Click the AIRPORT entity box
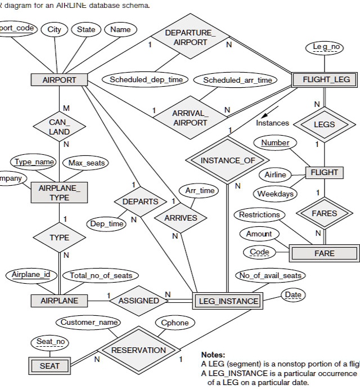(59, 80)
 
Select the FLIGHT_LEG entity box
(326, 80)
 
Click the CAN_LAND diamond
(59, 127)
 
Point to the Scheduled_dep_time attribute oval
(146, 80)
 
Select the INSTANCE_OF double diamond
(228, 160)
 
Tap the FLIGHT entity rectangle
(325, 172)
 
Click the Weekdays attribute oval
(276, 194)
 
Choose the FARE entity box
(324, 253)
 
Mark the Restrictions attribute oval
(259, 215)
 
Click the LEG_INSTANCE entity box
(228, 301)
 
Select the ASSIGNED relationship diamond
(138, 301)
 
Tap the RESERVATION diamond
(138, 350)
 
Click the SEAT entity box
(49, 366)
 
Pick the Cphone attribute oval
(175, 323)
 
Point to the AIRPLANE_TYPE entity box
(59, 193)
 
